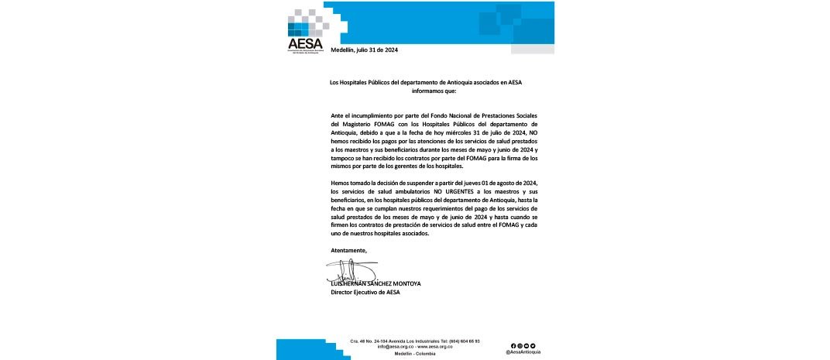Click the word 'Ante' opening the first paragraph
click(338, 115)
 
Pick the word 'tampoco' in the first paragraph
click(342, 158)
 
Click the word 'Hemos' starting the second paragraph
click(341, 181)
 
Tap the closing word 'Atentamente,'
click(348, 250)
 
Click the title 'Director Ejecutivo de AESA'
click(365, 292)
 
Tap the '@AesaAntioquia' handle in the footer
click(523, 351)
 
